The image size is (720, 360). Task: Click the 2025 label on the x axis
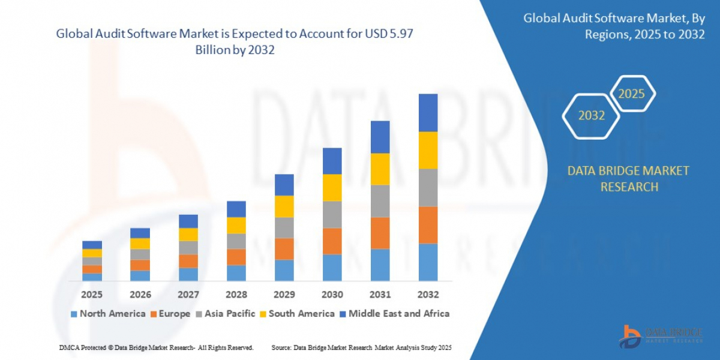click(x=92, y=295)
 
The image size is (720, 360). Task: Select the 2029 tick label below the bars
click(x=284, y=295)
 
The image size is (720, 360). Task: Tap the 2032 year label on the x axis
click(x=428, y=295)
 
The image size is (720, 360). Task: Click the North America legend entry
click(x=107, y=313)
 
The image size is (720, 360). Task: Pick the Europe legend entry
click(x=169, y=313)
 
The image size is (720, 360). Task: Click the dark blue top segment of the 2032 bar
click(x=428, y=112)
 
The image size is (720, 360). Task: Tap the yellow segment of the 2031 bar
click(x=380, y=169)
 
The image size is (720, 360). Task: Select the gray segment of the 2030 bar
click(x=332, y=214)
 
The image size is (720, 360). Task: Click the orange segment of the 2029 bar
click(x=284, y=248)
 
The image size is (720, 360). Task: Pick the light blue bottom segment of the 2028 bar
click(x=236, y=272)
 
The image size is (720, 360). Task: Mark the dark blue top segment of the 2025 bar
click(x=92, y=244)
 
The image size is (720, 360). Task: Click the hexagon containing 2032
click(x=591, y=116)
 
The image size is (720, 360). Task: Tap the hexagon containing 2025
click(x=631, y=94)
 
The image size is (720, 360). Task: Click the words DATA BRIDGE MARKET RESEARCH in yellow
click(x=628, y=179)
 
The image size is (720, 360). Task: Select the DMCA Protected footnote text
click(x=156, y=347)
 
